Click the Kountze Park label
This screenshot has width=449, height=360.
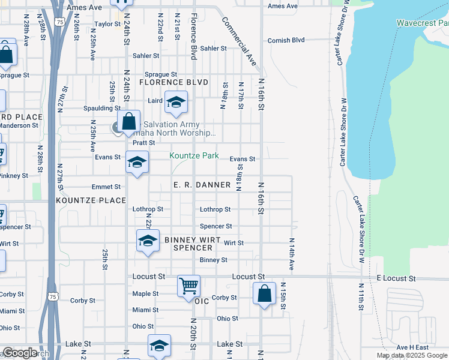(194, 155)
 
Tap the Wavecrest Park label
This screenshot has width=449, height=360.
(423, 23)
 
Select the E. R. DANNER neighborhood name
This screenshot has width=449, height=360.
(202, 185)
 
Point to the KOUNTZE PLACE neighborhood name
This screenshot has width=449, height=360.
(91, 200)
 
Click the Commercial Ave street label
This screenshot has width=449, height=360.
(239, 41)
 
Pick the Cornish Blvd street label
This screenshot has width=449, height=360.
(286, 40)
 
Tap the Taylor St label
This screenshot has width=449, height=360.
(108, 25)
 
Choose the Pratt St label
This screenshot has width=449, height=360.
(144, 143)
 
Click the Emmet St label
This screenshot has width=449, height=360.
(106, 187)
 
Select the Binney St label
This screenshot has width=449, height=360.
(214, 260)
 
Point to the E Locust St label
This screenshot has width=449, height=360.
(396, 279)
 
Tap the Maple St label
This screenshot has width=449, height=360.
(145, 293)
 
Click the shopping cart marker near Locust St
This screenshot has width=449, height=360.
(189, 286)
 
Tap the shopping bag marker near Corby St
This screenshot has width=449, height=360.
(264, 294)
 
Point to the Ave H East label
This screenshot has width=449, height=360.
(412, 347)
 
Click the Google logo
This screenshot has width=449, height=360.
(20, 353)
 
